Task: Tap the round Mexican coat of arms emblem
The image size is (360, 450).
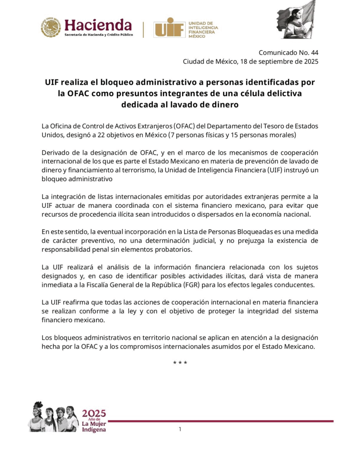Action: [51, 27]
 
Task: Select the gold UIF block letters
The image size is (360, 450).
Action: [168, 27]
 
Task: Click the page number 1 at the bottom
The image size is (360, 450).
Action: [180, 429]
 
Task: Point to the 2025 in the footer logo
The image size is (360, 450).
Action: [94, 414]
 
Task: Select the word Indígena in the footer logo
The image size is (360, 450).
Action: [94, 429]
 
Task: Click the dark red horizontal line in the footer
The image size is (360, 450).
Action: [220, 421]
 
